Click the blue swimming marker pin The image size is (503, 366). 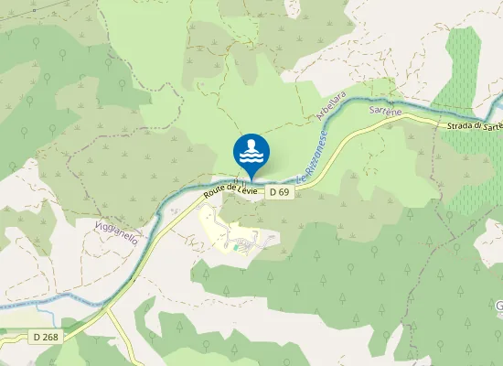tap(251, 152)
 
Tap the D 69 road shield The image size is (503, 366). tap(279, 193)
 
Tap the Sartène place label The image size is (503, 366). tap(385, 111)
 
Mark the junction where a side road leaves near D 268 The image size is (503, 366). tap(108, 310)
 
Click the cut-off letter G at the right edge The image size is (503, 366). tap(498, 305)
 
